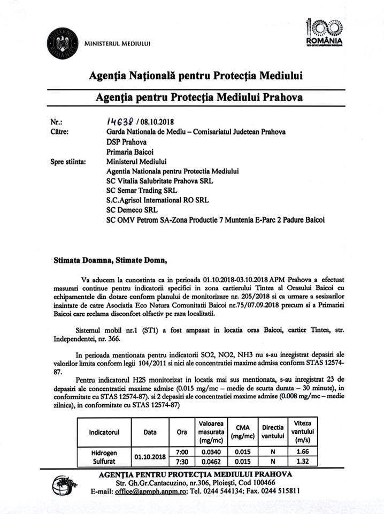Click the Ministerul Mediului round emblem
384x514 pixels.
point(63,43)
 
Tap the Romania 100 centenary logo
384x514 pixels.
point(324,33)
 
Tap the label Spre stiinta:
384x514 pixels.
point(67,161)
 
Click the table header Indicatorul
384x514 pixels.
point(104,431)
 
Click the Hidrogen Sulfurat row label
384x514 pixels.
point(104,456)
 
